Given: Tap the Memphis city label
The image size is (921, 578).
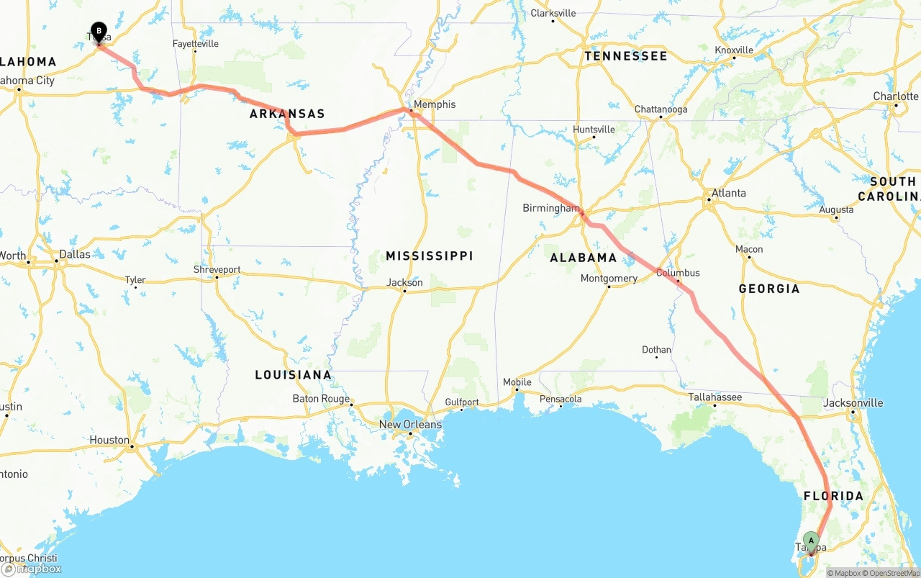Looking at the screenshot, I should pos(435,104).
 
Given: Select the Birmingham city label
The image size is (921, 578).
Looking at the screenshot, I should pos(550,208).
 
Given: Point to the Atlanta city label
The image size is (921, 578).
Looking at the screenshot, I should pos(728,193).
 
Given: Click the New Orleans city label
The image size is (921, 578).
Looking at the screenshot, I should pos(410,425).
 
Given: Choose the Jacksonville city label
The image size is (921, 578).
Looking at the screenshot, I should pos(853,402).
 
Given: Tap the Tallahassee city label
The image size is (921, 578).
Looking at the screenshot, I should pos(714,397).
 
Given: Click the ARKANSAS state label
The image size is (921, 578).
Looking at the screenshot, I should pos(287,114).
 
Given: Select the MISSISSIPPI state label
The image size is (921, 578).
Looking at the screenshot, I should pos(429,256).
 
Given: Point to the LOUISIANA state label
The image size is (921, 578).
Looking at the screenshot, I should pos(293,374).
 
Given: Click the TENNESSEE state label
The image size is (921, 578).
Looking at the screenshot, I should pos(625,55).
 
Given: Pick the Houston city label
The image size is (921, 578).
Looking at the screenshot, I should pos(109,440).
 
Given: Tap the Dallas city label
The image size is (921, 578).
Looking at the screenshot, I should pos(75,254).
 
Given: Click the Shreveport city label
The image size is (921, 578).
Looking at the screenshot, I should pos(217,270).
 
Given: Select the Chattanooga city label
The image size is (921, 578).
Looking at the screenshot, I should pos(661,109).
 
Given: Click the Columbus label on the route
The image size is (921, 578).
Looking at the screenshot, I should pos(678,273).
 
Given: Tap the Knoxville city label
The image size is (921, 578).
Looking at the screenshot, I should pos(734,50).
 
